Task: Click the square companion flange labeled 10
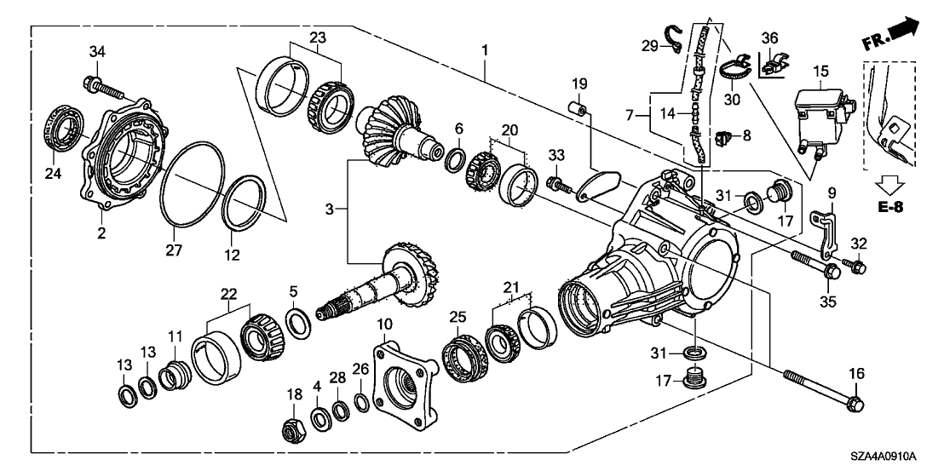(x=401, y=384)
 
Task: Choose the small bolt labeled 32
(x=855, y=267)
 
